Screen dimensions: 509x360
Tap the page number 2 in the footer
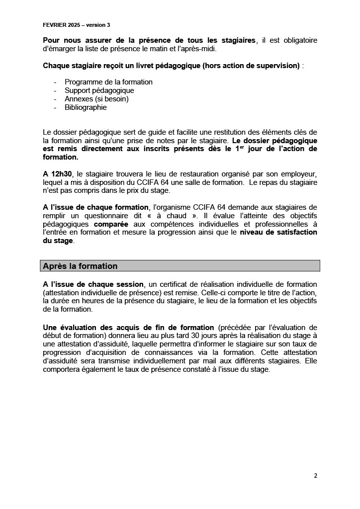315,475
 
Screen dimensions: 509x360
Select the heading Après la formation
81,266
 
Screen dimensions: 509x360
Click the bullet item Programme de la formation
108,82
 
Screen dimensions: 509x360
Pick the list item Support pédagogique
99,90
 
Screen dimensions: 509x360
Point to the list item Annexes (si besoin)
96,99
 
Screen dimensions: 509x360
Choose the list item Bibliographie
86,107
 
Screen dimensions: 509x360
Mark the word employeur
298,174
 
